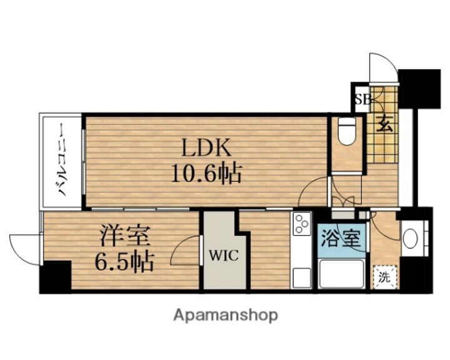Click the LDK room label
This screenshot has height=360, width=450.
[206, 147]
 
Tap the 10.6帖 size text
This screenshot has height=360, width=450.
[206, 173]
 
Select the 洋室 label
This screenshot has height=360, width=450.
[125, 236]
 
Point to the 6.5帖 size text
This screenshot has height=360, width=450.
[124, 261]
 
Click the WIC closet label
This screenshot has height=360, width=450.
[224, 255]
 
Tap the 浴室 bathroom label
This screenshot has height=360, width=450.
[341, 239]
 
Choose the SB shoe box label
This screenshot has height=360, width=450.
[362, 100]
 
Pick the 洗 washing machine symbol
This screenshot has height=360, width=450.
[384, 277]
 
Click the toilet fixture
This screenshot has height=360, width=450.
[346, 132]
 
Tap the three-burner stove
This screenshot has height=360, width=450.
[301, 224]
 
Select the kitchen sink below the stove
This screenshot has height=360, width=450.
[301, 277]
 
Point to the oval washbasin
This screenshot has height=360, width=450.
[411, 238]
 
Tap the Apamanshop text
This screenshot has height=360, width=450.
[226, 315]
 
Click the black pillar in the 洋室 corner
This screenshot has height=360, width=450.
[56, 276]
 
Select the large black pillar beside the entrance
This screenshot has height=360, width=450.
[419, 89]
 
